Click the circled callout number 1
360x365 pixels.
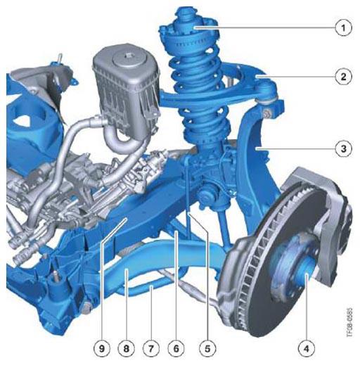pos(343,28)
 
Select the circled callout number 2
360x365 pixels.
pos(343,77)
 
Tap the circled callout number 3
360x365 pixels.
pos(343,148)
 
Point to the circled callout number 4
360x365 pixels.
pos(307,349)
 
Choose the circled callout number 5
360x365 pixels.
pos(207,349)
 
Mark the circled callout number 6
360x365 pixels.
pos(176,349)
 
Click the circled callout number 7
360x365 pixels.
pos(151,349)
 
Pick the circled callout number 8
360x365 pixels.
pos(127,349)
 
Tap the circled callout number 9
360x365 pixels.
pos(102,349)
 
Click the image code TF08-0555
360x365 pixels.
pos(349,322)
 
